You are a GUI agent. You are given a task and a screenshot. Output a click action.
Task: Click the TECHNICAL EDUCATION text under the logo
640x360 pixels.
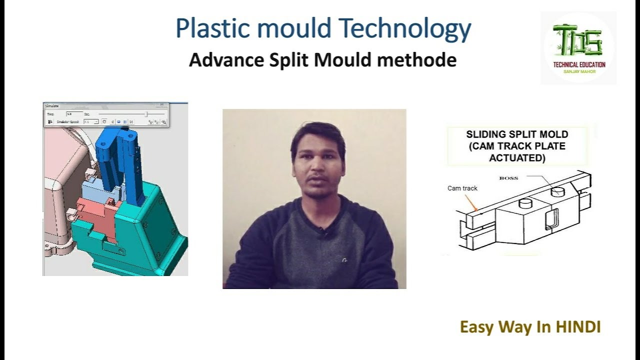point(579,64)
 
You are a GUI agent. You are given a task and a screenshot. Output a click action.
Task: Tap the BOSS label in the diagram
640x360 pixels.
point(508,177)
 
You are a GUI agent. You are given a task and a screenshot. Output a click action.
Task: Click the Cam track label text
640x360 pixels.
point(462,188)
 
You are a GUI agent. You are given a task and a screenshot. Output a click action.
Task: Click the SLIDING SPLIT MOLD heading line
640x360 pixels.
point(517,135)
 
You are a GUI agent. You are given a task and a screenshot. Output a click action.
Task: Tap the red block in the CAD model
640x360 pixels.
point(95,212)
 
